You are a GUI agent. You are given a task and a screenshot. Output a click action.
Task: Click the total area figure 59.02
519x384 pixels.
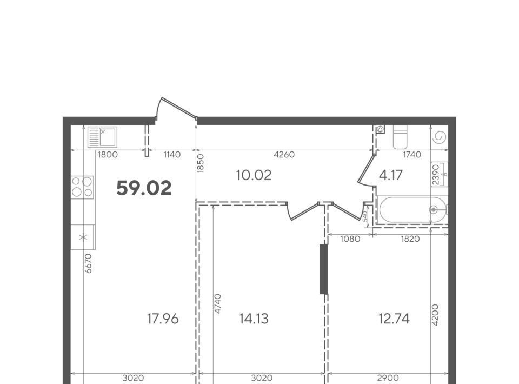coord(144,188)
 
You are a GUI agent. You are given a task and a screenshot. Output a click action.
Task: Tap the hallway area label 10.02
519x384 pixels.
coord(254,175)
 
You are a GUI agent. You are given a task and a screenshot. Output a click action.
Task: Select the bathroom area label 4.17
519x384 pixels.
coord(390,175)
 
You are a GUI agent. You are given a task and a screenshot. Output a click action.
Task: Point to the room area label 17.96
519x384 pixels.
coord(163,319)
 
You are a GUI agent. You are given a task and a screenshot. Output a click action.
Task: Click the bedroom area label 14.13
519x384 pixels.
coord(254,319)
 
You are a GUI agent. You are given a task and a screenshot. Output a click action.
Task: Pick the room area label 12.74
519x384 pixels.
coord(394,319)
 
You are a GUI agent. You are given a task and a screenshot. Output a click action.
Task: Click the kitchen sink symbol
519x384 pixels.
coord(102,137)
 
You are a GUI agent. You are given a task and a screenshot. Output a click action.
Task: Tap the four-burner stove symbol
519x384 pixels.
coord(82,187)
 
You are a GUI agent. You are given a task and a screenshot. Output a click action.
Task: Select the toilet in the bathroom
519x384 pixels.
coord(400,137)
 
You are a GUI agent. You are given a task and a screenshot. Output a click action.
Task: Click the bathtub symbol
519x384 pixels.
coord(412,209)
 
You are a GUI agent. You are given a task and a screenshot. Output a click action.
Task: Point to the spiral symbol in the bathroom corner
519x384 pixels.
coord(440,137)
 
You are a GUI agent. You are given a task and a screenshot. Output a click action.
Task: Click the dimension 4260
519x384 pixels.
coord(284,155)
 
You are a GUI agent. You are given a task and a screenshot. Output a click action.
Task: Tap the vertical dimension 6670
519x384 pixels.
coord(88,263)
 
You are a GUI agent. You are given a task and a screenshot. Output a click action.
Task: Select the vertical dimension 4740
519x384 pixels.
coord(217,303)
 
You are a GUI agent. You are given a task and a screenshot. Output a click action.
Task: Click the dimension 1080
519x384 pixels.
coord(350,239)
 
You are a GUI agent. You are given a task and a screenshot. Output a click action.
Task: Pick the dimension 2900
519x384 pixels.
coord(388,378)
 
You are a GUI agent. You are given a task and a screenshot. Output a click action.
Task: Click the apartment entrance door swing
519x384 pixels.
coord(175,108)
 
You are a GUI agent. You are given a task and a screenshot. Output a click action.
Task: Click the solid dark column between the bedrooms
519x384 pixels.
coord(324,269)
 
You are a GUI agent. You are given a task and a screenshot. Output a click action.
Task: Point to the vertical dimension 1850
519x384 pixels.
coord(200,163)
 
